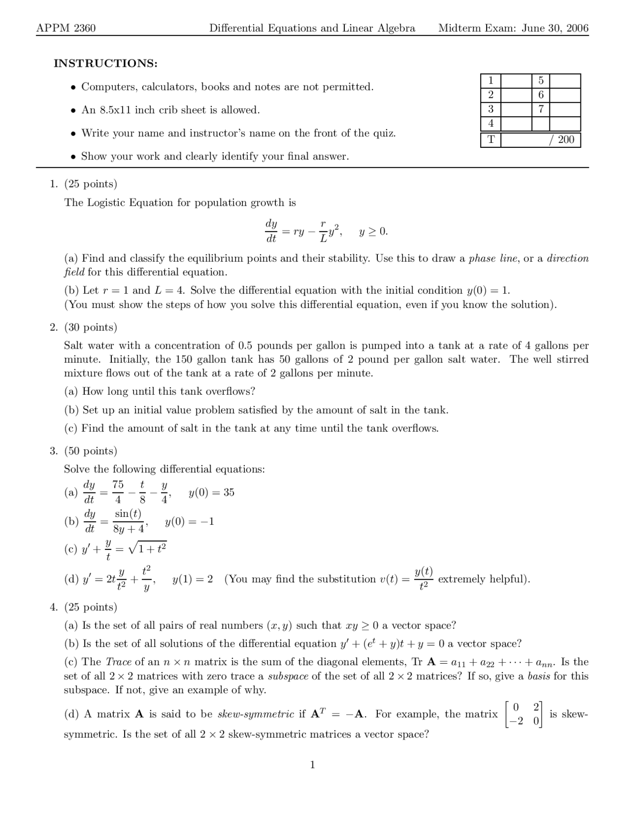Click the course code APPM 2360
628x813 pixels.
[x=66, y=28]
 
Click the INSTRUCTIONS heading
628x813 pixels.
[x=105, y=63]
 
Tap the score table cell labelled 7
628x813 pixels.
[x=541, y=109]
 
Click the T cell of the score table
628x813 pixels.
[x=491, y=140]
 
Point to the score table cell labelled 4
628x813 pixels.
[x=491, y=124]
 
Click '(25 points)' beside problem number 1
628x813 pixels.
[x=91, y=184]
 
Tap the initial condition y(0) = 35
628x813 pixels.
[x=211, y=492]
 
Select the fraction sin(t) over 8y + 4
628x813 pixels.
[x=129, y=521]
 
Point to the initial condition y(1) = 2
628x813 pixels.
[x=193, y=579]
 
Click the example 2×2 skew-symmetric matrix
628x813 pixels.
[x=523, y=714]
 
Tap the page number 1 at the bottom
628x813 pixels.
[x=313, y=765]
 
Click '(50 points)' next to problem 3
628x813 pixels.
[x=91, y=451]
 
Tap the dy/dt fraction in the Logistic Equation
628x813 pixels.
[x=271, y=231]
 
